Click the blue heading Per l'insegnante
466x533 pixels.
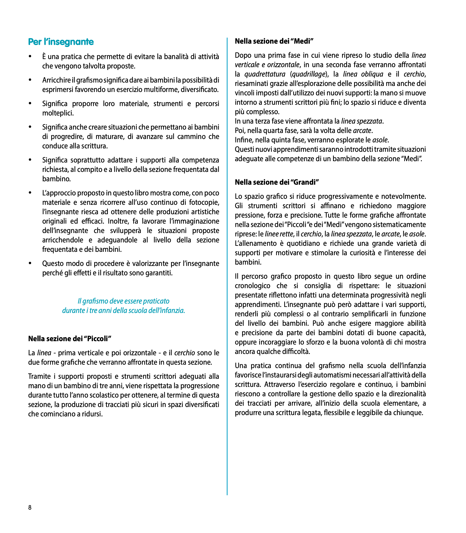61,42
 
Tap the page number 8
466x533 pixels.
30,507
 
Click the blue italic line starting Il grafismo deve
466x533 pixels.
123,301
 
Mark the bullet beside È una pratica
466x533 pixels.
30,56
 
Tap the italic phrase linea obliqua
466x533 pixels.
363,74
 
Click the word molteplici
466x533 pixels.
58,113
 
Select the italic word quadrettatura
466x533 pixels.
265,74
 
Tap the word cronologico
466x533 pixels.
253,286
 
